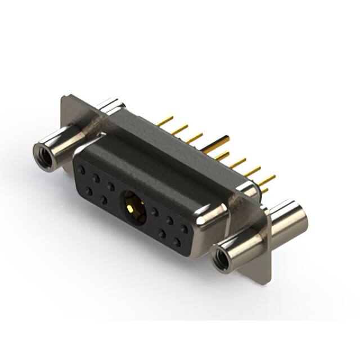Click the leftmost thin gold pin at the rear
click(165, 121)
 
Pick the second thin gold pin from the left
click(180, 130)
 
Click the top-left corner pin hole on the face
click(82, 169)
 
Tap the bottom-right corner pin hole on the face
click(177, 242)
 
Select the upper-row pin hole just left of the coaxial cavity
click(111, 186)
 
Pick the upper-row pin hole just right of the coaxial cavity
click(154, 213)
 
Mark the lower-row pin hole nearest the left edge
click(88, 191)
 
